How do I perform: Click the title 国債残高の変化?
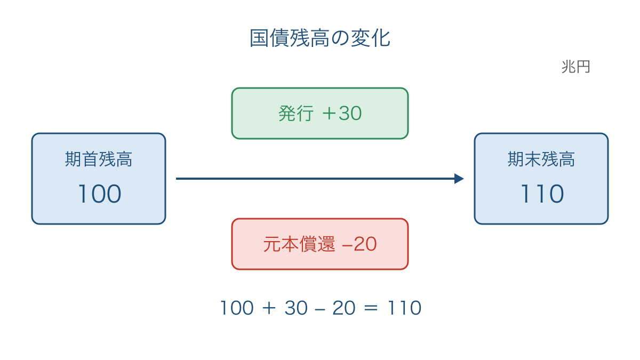coord(320,38)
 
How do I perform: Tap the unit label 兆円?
coord(575,67)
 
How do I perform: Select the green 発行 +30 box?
coord(320,114)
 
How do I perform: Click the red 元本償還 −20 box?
coord(320,244)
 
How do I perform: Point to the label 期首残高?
coord(99,159)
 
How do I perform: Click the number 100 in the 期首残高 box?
coord(100,194)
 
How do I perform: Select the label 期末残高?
coord(541,159)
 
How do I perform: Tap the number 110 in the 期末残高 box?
coord(542,194)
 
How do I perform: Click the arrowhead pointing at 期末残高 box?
coord(459,179)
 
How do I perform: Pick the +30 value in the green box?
coord(342,114)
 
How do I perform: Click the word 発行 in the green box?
coord(295,114)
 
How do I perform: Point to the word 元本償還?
coord(299,244)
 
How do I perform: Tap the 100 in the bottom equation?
coord(237,308)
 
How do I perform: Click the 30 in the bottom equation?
coord(296,308)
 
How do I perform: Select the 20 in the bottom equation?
coord(344,308)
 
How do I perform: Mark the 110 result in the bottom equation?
coord(404,308)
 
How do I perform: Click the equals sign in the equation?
coord(371,308)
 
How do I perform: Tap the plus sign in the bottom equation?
coord(269,308)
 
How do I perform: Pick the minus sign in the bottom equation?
coord(320,309)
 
